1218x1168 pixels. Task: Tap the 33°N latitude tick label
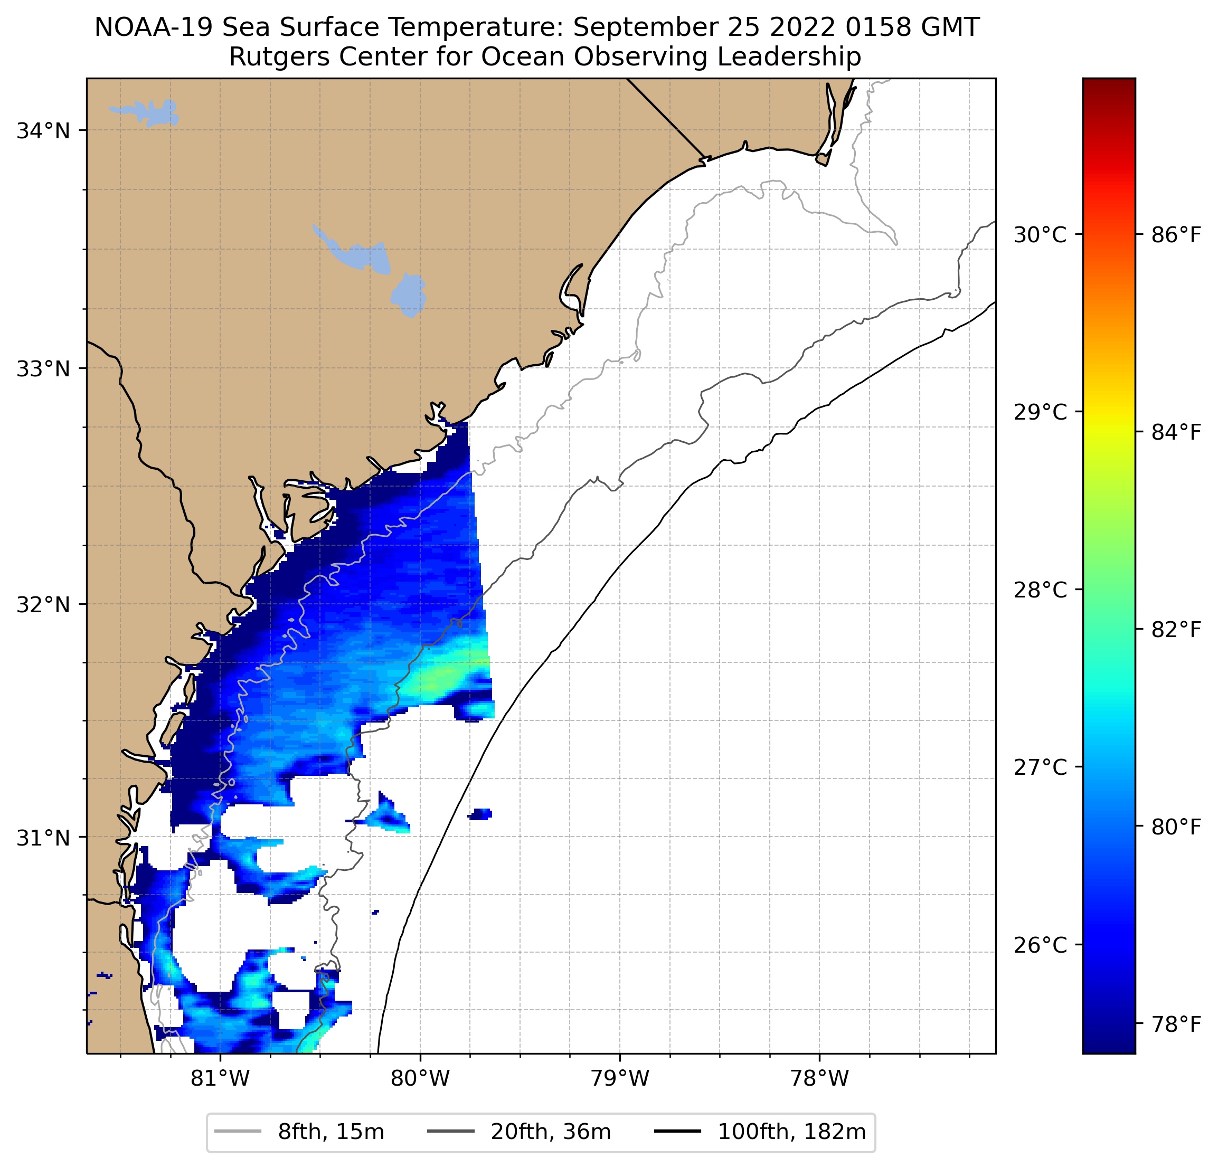pos(43,369)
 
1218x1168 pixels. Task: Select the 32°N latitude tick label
pos(43,604)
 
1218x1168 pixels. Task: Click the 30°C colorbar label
pos(1040,235)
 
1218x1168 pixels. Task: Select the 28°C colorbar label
pos(1040,590)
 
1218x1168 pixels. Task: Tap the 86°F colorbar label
pos(1176,235)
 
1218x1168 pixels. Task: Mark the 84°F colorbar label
pos(1176,432)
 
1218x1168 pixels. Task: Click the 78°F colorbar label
pos(1176,1024)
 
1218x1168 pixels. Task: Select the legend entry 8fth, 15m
pos(331,1132)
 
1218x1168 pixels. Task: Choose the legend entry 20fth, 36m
pos(551,1132)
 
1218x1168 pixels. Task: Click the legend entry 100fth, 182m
pos(791,1132)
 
